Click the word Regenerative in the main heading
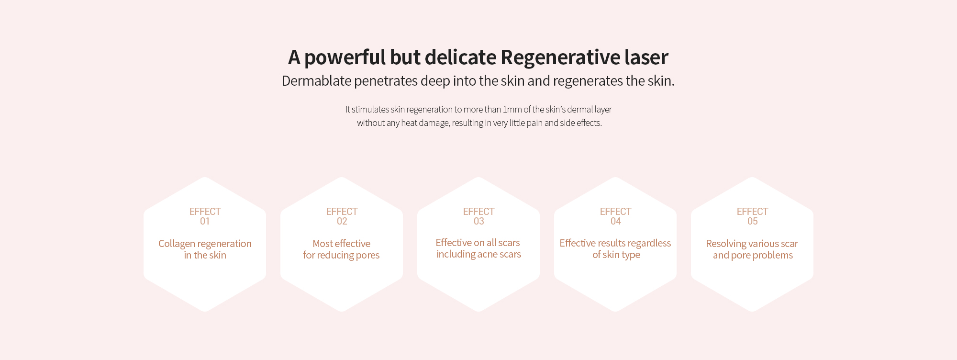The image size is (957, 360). point(560,58)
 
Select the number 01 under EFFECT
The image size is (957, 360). point(205,221)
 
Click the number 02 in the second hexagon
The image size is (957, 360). point(342,221)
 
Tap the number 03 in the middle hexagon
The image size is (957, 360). point(478,221)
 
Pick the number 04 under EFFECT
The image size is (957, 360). point(615,221)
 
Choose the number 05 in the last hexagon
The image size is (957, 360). point(752,221)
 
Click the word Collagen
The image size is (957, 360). point(177,244)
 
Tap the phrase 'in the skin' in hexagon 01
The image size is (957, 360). point(205,255)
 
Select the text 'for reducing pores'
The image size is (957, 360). point(341,256)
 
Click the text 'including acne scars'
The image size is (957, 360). point(478,255)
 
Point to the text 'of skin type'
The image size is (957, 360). point(616,255)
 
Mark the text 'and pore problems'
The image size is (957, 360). point(753,256)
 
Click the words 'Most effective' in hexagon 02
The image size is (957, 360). point(341,244)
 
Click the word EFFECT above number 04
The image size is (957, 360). point(615,212)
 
